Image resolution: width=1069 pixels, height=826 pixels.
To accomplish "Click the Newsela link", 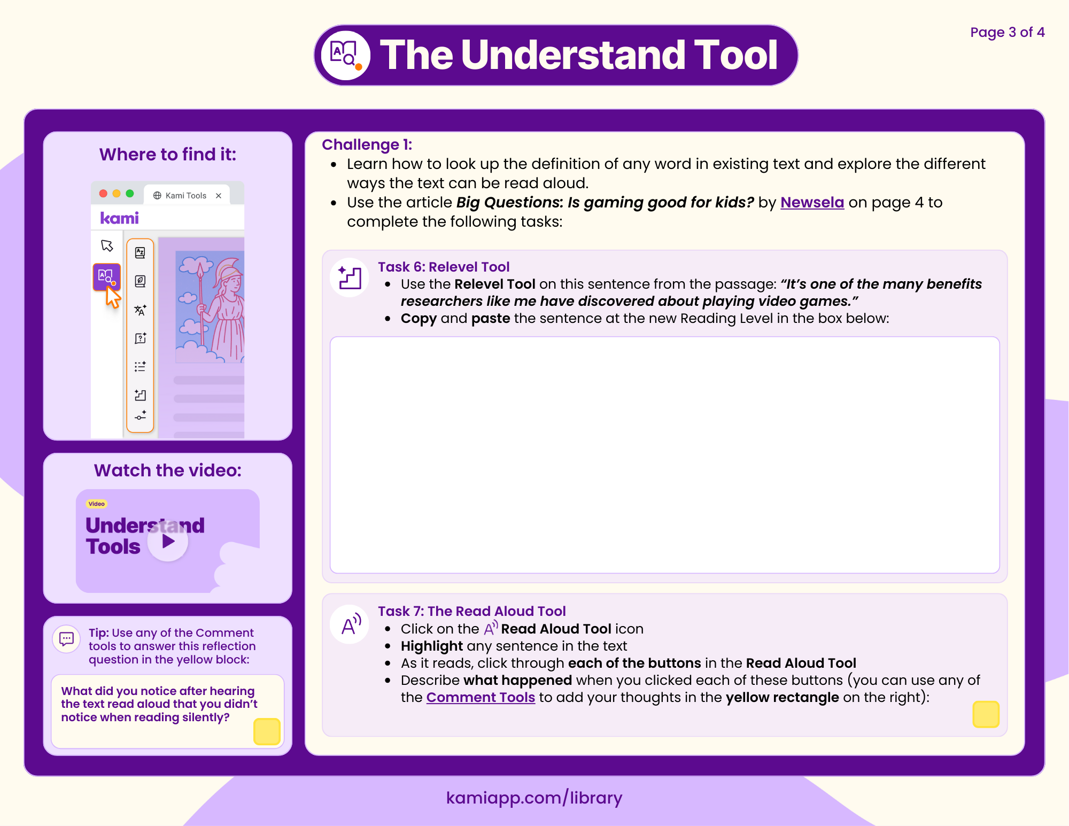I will pos(812,203).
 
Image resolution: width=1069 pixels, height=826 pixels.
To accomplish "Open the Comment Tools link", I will pos(481,698).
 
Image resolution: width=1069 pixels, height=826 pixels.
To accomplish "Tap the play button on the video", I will pos(168,542).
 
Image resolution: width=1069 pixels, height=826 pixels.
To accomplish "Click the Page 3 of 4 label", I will pos(1007,33).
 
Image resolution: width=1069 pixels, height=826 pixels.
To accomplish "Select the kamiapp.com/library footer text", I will pos(534,798).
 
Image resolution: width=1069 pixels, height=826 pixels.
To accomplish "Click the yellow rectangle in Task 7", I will pos(986,714).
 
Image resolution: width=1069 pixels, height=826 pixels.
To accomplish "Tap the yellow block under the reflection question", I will pos(267,731).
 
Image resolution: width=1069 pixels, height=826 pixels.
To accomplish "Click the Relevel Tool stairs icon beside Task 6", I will pos(350,277).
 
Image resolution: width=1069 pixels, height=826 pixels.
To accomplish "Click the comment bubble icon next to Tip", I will pos(67,638).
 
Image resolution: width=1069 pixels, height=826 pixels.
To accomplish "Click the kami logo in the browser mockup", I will pos(120,218).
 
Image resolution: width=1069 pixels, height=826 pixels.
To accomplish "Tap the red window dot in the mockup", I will pos(103,194).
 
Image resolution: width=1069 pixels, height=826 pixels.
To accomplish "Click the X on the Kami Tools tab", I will pos(219,196).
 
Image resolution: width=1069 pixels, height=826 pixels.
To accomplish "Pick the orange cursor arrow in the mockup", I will pos(113,297).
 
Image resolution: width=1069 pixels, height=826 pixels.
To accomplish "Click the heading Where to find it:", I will pos(167,155).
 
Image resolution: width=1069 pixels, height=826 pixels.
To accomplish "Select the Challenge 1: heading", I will pos(367,145).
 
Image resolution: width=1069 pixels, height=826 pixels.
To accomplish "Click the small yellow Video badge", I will pos(97,504).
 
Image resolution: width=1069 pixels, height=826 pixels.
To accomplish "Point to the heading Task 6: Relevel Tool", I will pos(444,267).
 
